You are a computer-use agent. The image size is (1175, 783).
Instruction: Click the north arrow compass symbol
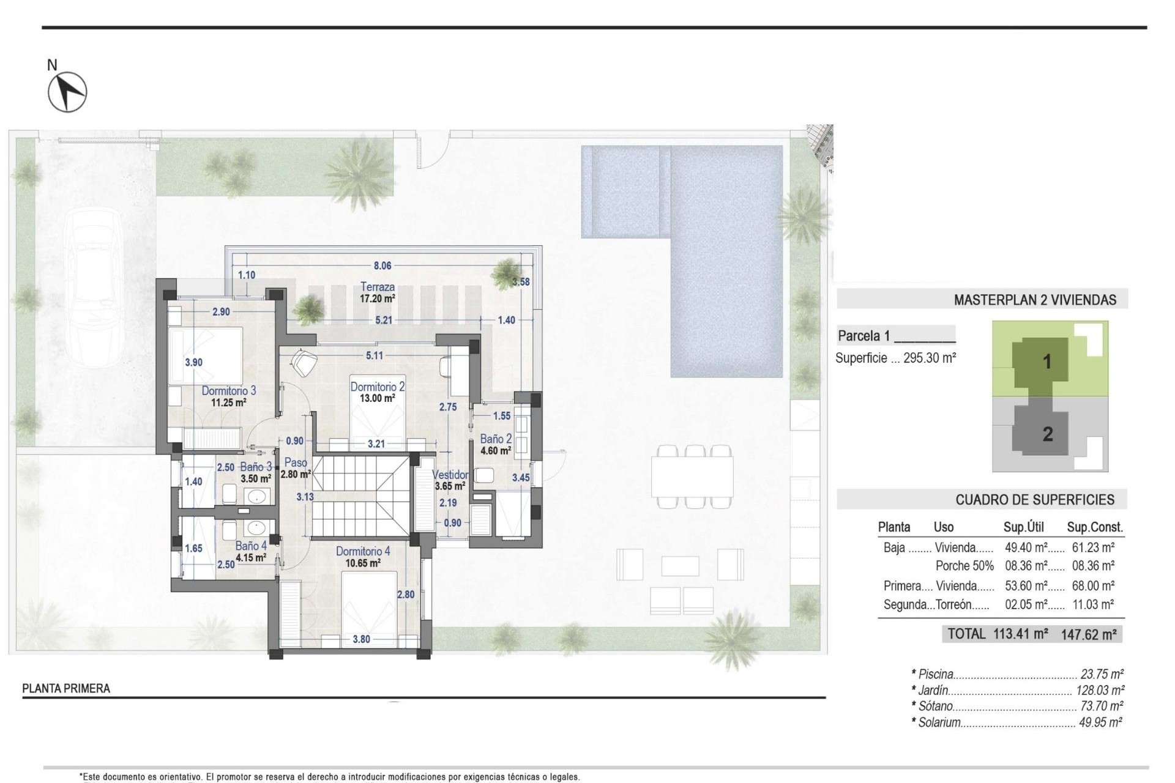tap(67, 92)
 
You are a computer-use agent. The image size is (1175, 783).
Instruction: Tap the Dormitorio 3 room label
tap(229, 390)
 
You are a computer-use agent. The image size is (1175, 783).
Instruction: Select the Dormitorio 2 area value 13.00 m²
tap(377, 398)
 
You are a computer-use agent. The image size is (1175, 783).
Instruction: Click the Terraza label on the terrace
tap(378, 286)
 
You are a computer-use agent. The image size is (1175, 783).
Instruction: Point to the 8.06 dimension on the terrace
tap(382, 265)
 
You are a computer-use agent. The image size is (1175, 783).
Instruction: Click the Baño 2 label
tap(496, 439)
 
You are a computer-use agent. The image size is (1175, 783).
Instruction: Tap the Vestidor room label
tap(450, 475)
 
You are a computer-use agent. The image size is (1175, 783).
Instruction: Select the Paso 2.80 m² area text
tap(296, 473)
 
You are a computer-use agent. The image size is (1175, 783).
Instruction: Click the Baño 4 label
tap(251, 546)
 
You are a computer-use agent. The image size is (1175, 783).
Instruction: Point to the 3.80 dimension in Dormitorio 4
tap(361, 639)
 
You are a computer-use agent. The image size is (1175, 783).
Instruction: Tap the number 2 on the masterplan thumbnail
tap(1048, 434)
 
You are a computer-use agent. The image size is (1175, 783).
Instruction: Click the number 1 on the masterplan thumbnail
tap(1047, 362)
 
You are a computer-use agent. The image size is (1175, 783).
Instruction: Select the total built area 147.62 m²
tap(1089, 634)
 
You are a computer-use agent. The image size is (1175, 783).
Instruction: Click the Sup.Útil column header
tap(1023, 527)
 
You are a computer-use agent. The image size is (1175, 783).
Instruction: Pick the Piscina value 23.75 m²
tap(1102, 674)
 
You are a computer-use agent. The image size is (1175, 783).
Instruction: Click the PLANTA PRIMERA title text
tap(66, 688)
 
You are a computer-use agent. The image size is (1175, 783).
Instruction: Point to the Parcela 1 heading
tap(864, 335)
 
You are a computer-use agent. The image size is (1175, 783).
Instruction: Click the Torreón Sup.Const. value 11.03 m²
tap(1093, 604)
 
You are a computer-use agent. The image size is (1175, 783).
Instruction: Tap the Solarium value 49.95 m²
tap(1100, 722)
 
